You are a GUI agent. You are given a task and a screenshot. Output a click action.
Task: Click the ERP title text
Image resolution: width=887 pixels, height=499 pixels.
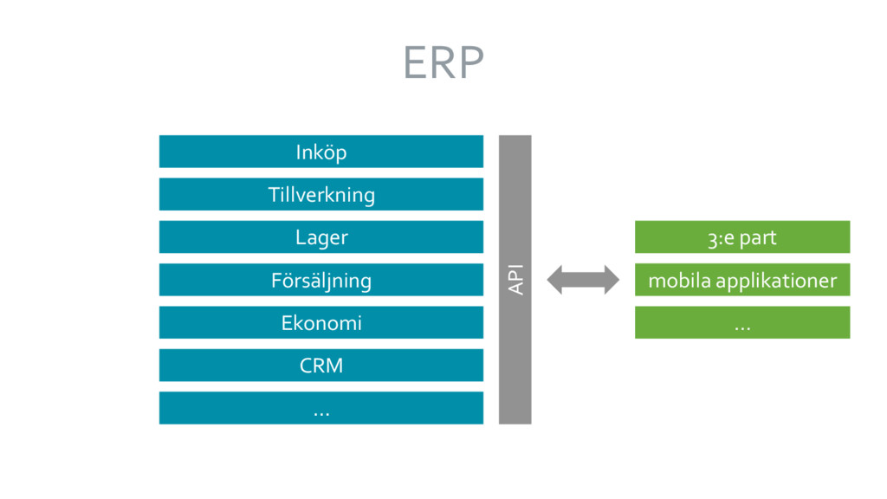(x=443, y=62)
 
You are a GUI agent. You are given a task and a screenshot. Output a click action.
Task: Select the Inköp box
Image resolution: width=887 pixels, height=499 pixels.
(x=321, y=152)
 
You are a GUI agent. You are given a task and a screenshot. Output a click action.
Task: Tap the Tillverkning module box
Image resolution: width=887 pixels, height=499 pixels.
(x=321, y=194)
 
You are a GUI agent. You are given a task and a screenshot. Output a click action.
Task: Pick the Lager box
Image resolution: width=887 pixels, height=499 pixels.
(x=321, y=237)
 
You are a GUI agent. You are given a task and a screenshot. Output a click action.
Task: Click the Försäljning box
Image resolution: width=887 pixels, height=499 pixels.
(x=321, y=280)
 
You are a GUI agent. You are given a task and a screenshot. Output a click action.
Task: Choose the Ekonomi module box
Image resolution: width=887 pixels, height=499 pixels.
(x=321, y=322)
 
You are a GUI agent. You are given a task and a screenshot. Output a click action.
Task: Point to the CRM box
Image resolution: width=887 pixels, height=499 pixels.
(x=321, y=365)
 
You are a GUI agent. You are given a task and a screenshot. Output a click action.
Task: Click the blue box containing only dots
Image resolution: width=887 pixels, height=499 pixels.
(x=321, y=408)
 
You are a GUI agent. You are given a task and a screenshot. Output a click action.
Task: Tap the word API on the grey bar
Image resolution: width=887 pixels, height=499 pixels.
(x=516, y=280)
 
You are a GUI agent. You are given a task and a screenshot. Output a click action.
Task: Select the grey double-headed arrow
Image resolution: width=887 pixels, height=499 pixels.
(x=583, y=280)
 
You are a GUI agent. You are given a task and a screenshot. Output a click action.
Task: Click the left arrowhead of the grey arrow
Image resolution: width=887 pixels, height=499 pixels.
(x=554, y=280)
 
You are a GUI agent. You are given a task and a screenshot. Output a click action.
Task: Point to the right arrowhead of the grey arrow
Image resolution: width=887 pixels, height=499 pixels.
(x=612, y=280)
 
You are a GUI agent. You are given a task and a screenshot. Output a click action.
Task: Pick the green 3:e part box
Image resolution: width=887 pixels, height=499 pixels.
(x=742, y=237)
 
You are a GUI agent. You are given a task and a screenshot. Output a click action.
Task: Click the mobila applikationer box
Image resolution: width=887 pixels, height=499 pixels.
(x=742, y=280)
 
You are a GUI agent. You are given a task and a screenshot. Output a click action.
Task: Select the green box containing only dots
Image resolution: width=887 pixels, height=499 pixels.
(x=742, y=322)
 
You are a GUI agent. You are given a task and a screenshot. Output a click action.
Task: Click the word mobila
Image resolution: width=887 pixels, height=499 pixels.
(x=679, y=280)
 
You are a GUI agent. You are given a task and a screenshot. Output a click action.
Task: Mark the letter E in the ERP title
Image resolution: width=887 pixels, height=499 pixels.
(x=415, y=62)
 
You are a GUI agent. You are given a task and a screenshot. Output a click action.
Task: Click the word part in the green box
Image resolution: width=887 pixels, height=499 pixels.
(x=758, y=238)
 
